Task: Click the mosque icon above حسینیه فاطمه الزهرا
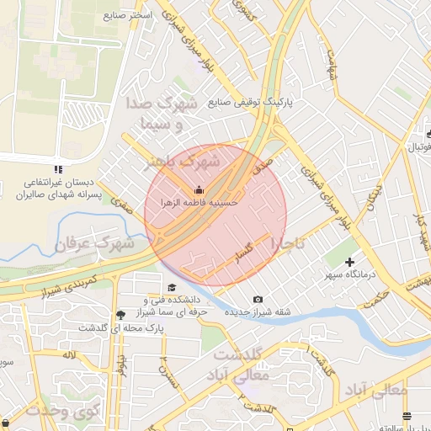point(199,189)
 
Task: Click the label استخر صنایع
point(128,15)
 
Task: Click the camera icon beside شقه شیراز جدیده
point(258,300)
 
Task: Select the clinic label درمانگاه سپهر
point(351,275)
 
